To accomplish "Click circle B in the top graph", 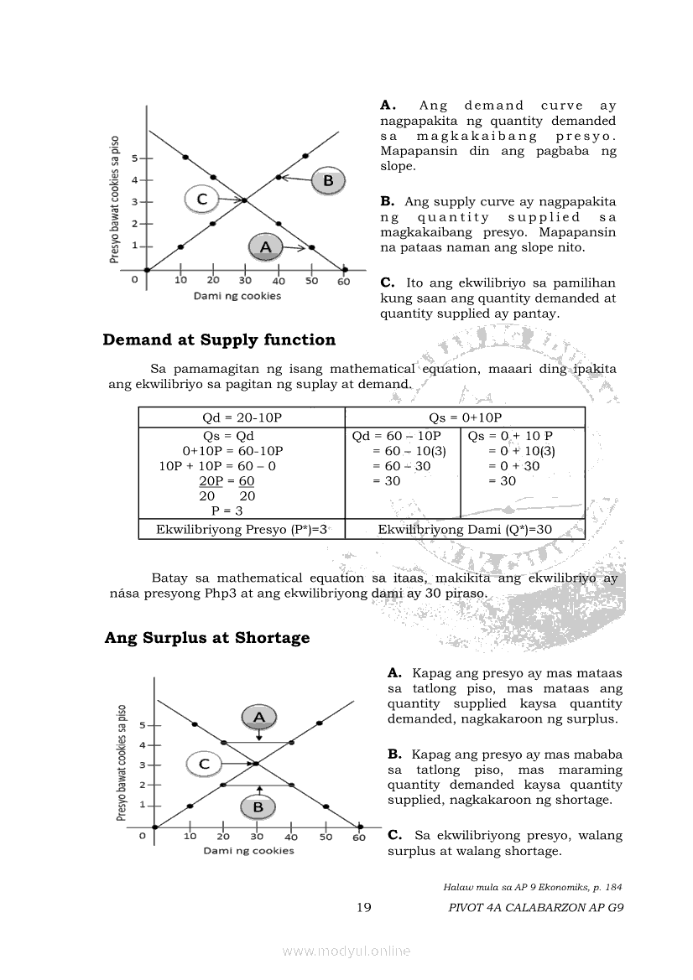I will click(328, 180).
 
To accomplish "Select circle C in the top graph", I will click(201, 199).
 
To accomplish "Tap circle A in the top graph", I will click(266, 246).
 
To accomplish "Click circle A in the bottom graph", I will click(259, 717).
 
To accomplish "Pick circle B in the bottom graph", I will click(258, 807).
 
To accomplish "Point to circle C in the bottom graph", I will click(204, 764).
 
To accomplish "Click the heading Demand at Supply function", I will click(219, 340).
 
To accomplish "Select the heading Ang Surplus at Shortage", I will click(207, 637).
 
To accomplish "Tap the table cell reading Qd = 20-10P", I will click(242, 417).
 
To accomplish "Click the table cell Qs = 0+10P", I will click(465, 417).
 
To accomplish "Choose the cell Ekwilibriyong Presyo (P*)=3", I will click(242, 529).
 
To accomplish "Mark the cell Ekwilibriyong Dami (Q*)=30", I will click(465, 529).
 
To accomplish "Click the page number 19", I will click(364, 907).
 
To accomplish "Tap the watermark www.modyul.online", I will click(346, 951).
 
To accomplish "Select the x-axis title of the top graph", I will click(237, 296).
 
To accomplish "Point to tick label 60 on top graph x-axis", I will click(344, 281).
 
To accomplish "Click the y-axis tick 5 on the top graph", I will click(134, 158).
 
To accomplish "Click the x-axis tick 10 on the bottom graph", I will click(190, 836).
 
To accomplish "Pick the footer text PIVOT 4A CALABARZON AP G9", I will click(536, 907).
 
